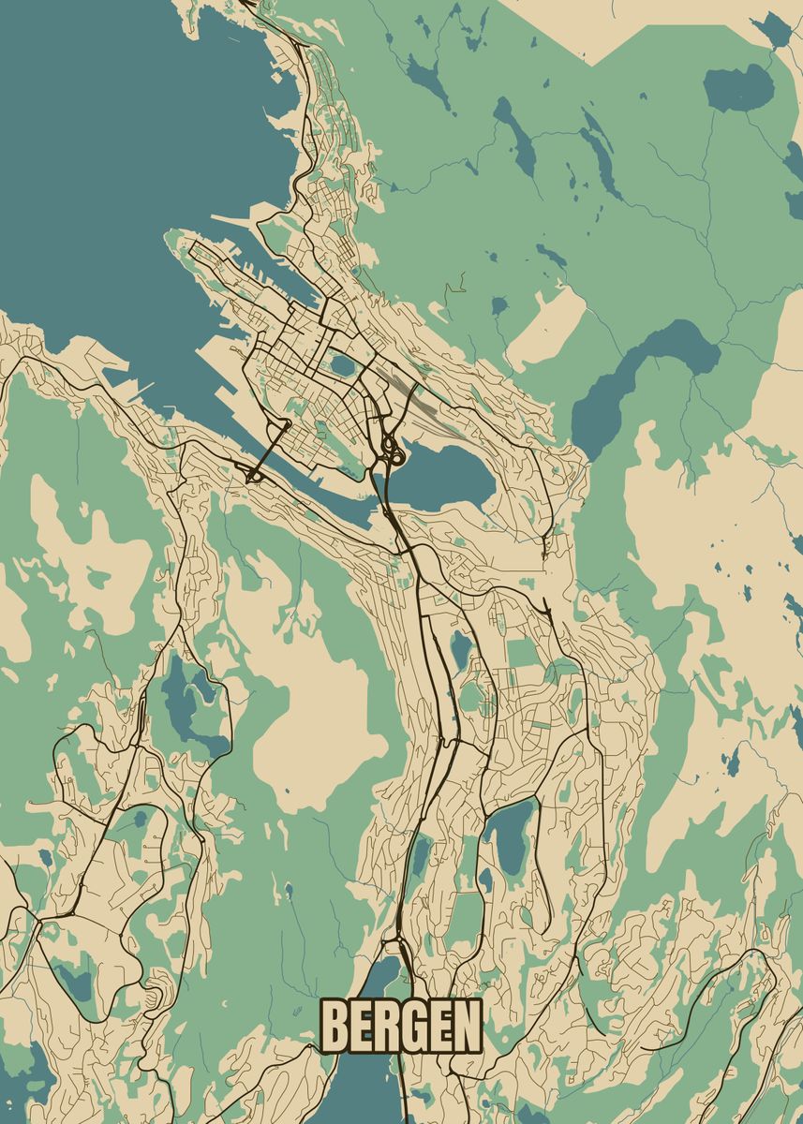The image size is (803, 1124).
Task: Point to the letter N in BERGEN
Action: tap(467, 1027)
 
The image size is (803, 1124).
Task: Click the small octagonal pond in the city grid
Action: tap(342, 363)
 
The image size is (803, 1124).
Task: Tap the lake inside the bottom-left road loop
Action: tap(75, 979)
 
